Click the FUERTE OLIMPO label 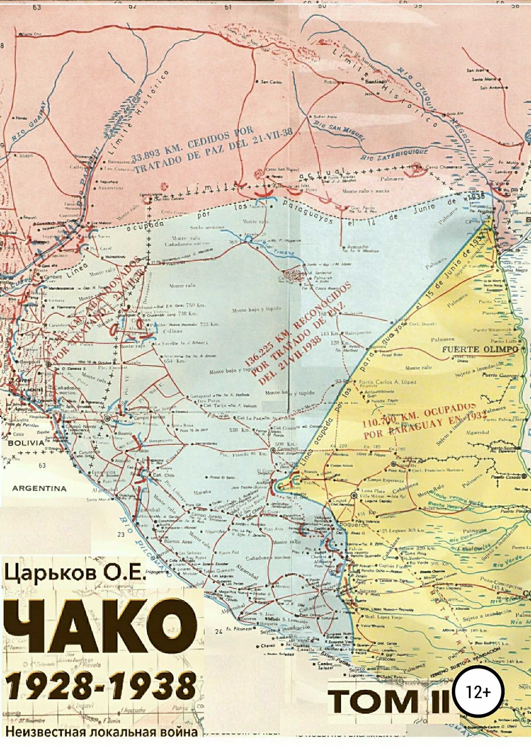(x=480, y=349)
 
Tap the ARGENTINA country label (x=39, y=488)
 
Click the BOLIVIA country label (x=26, y=443)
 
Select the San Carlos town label (x=271, y=82)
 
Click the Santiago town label (x=375, y=82)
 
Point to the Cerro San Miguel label (x=278, y=169)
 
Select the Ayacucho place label (x=357, y=246)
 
